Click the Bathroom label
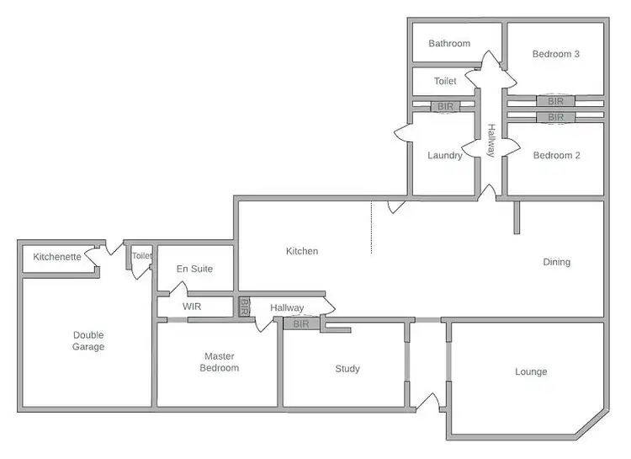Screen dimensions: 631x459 448,44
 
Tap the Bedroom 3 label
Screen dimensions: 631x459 556,54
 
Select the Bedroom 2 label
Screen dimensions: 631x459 556,155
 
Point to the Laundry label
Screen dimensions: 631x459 445,155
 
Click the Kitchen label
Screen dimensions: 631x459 302,251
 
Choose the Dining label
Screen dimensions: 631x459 556,262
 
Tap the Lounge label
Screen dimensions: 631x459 530,371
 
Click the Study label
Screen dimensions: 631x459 347,369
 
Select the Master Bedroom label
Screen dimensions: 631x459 219,362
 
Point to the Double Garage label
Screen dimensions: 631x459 88,340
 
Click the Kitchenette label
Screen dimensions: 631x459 57,257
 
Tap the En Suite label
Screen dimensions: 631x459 194,269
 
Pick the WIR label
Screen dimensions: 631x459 193,307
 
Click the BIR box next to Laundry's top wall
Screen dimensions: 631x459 445,107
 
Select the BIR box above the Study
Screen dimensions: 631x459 301,323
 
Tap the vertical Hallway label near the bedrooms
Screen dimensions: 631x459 491,139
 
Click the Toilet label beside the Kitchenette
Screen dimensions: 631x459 141,256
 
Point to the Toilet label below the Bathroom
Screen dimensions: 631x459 445,82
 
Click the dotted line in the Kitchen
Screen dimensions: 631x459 372,227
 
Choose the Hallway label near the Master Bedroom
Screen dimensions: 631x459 287,308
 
